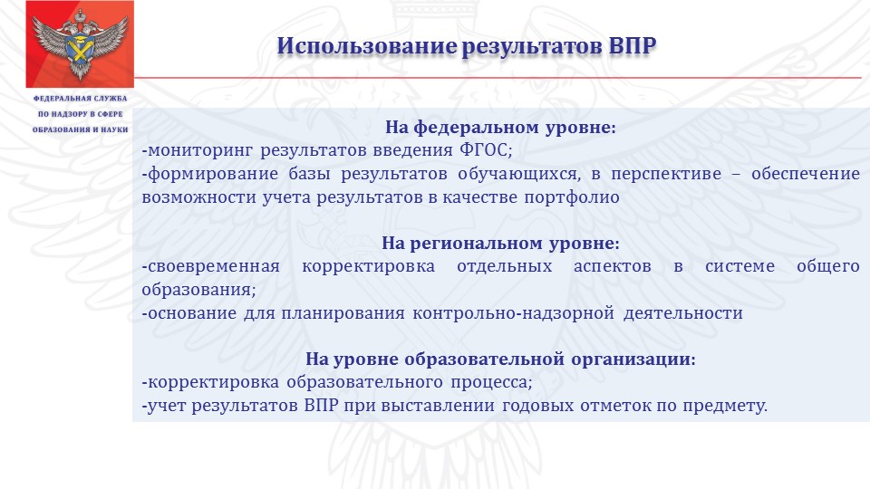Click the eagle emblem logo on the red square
click(x=80, y=44)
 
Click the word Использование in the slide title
click(x=367, y=45)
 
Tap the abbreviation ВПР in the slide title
click(x=632, y=45)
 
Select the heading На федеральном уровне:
click(x=500, y=127)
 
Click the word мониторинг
click(x=198, y=151)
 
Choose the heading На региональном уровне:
click(x=500, y=243)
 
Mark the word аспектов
click(x=612, y=266)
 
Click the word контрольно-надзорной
click(x=513, y=313)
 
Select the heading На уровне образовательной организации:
click(x=500, y=359)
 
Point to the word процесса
click(x=491, y=382)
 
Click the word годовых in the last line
click(x=537, y=406)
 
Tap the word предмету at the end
click(x=725, y=406)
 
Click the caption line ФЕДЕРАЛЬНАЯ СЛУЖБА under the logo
click(x=81, y=99)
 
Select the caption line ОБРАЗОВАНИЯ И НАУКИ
click(x=81, y=129)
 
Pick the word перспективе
click(x=666, y=174)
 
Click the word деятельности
click(x=683, y=313)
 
